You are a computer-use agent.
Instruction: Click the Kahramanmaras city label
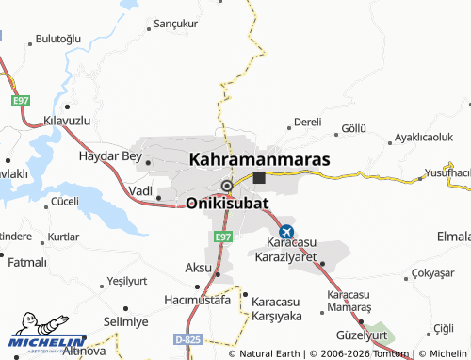point(260,159)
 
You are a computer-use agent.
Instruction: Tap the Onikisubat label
point(227,203)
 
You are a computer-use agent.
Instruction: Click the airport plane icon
point(286,231)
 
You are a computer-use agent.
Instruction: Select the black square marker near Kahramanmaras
point(259,177)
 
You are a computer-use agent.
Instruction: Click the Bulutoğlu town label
point(58,39)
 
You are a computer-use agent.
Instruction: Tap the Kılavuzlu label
point(67,123)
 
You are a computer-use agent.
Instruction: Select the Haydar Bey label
point(111,155)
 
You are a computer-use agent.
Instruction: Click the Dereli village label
point(307,123)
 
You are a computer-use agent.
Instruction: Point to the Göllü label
point(352,127)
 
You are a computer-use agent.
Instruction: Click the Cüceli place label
point(65,201)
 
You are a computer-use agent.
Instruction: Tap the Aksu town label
point(198,268)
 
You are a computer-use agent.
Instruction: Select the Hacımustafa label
point(197,300)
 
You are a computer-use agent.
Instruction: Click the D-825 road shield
point(187,338)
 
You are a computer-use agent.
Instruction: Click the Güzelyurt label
point(362,335)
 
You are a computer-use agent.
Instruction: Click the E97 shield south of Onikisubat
point(222,237)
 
